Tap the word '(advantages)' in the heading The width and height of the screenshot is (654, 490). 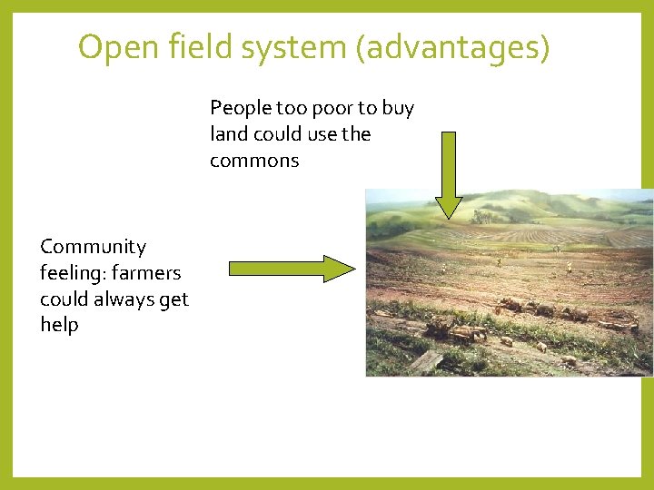click(x=453, y=47)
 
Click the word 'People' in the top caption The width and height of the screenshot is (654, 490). click(x=241, y=108)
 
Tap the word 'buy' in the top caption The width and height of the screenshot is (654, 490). click(x=398, y=108)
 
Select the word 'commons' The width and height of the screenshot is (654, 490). click(x=254, y=161)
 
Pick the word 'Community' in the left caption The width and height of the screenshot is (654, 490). click(x=93, y=247)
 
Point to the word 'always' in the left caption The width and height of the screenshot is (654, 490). click(x=116, y=299)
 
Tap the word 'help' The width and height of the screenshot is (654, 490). click(x=59, y=325)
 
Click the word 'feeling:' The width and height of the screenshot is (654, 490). click(x=71, y=273)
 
